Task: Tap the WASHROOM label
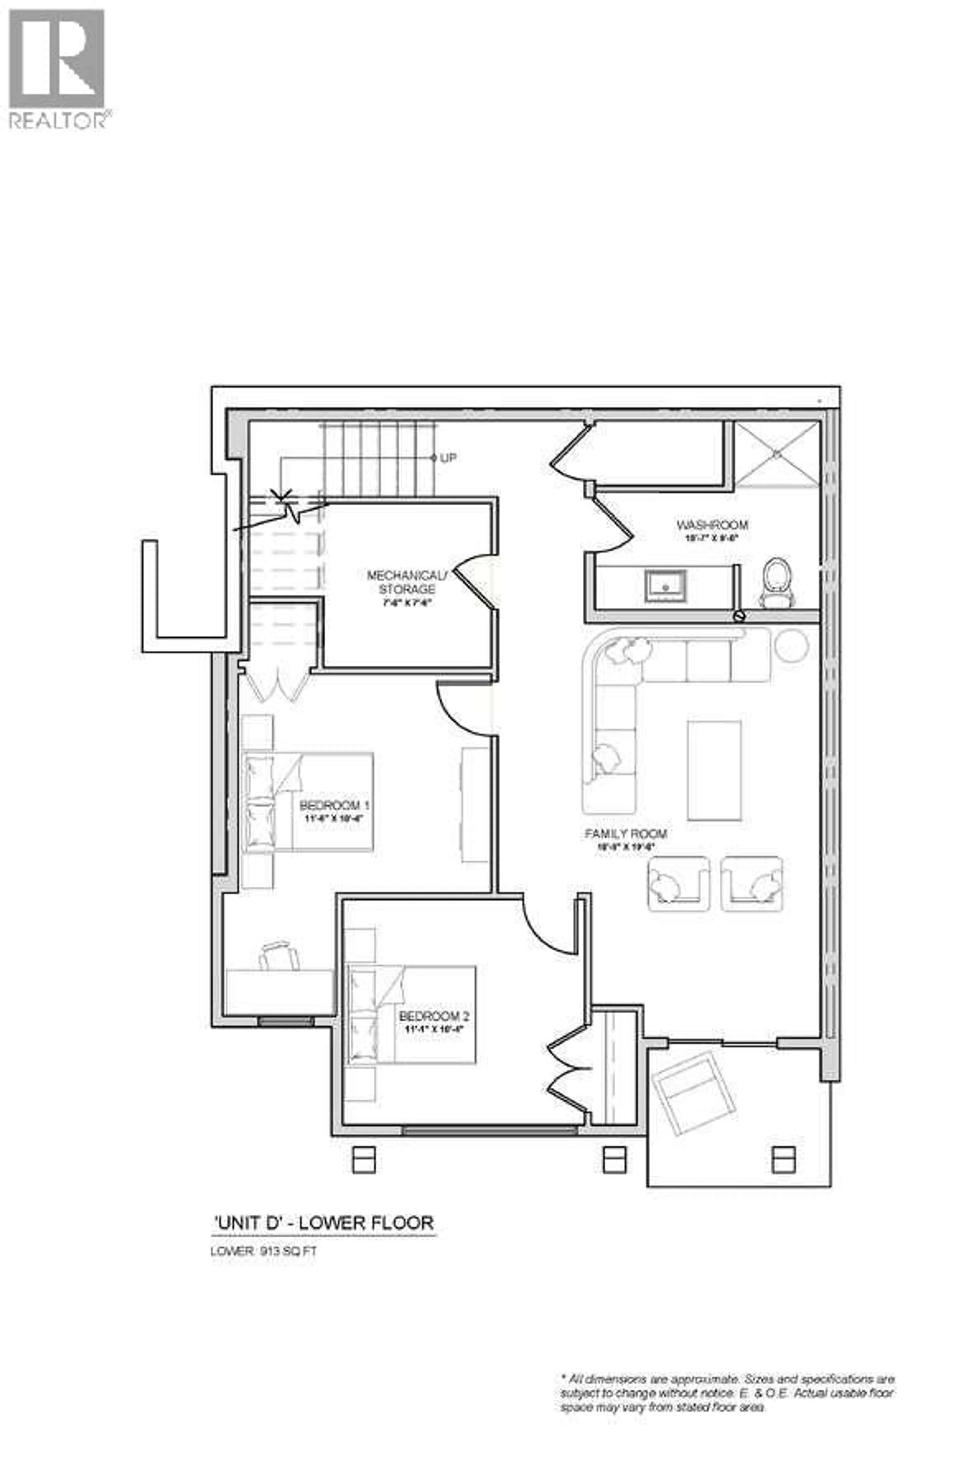(x=712, y=525)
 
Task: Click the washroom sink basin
(x=665, y=586)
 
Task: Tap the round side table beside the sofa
(x=791, y=645)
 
